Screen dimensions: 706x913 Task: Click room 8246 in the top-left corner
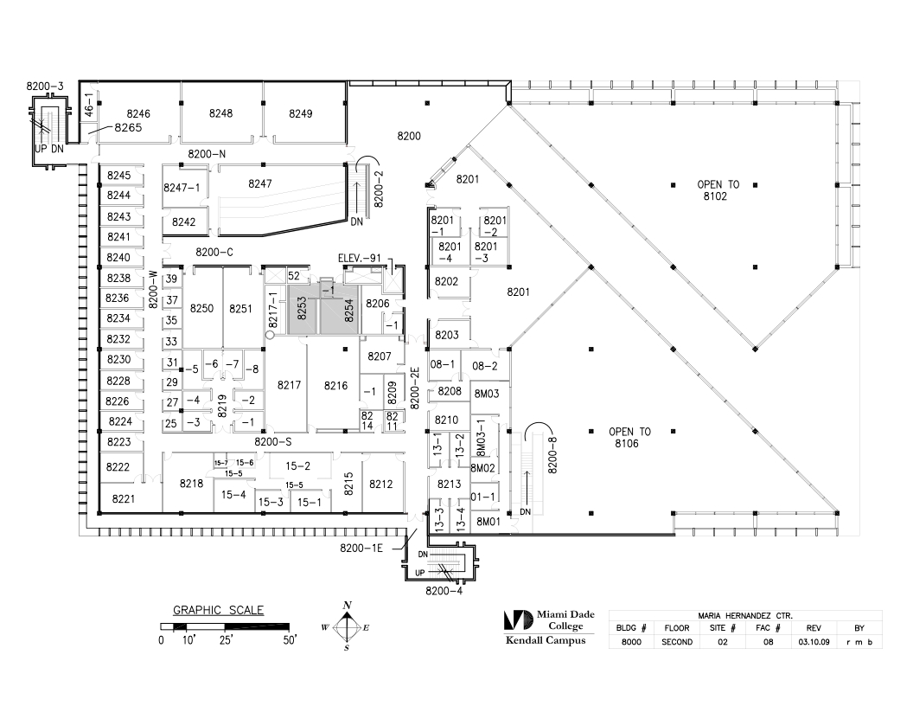(x=138, y=113)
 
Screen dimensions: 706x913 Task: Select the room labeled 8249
(x=301, y=113)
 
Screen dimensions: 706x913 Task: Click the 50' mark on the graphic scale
(x=288, y=641)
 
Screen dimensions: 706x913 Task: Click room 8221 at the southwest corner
(x=124, y=498)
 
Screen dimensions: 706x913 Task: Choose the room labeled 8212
(x=380, y=484)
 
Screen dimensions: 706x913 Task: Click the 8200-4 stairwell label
(x=443, y=592)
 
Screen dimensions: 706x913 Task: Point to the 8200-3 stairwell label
(x=45, y=87)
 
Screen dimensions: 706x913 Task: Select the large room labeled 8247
(x=260, y=183)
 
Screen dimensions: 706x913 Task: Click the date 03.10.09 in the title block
(x=813, y=642)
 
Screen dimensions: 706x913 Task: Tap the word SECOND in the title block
(x=676, y=642)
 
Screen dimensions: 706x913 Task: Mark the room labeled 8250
(x=201, y=309)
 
